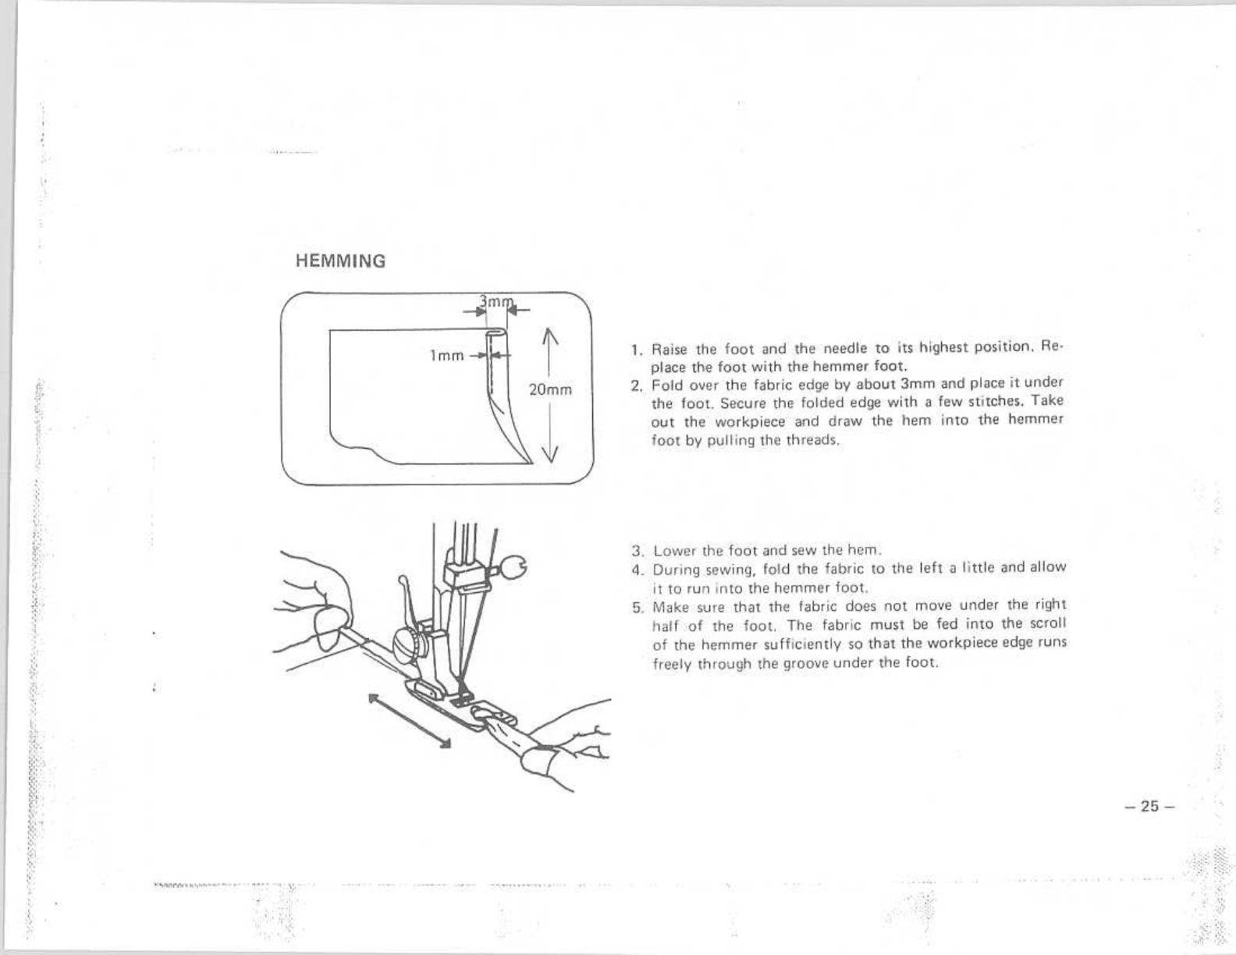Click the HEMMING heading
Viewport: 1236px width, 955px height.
click(x=340, y=261)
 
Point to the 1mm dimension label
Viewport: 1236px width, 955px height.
click(x=447, y=356)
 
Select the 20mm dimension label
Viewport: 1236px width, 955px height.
click(x=550, y=390)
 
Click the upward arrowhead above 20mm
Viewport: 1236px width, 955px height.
click(x=550, y=337)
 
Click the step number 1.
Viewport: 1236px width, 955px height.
click(x=636, y=349)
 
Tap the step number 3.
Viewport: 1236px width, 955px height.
click(x=636, y=550)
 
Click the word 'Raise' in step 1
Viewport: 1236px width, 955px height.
click(x=668, y=349)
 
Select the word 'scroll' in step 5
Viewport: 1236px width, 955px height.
click(x=1046, y=624)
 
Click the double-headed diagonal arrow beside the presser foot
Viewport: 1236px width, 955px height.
click(x=410, y=720)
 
